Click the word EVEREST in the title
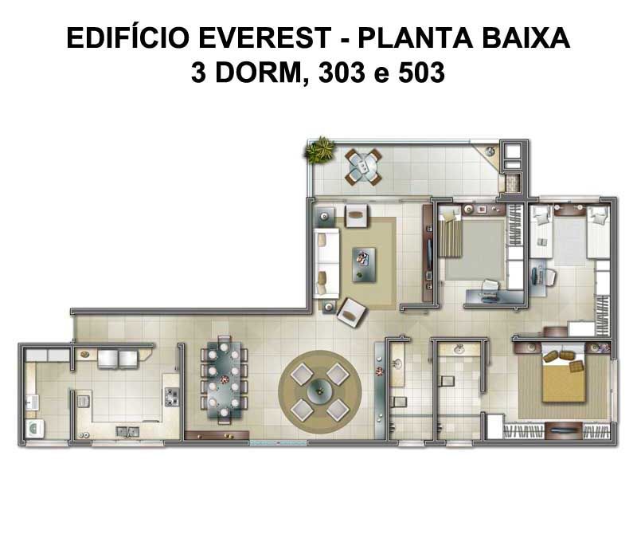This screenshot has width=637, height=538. [x=264, y=37]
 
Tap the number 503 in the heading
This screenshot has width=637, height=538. [x=421, y=73]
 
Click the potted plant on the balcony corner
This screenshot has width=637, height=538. [x=321, y=150]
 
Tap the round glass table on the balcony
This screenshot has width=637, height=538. [x=364, y=166]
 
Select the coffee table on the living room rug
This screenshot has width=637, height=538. [x=364, y=265]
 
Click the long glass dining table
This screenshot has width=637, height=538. [x=224, y=380]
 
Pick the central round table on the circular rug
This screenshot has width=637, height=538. [x=319, y=391]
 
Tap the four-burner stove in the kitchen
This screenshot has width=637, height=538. [x=171, y=397]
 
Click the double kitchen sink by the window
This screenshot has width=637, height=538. [x=127, y=431]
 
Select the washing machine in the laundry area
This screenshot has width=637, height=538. [x=34, y=429]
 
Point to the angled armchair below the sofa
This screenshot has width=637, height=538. [x=351, y=312]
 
